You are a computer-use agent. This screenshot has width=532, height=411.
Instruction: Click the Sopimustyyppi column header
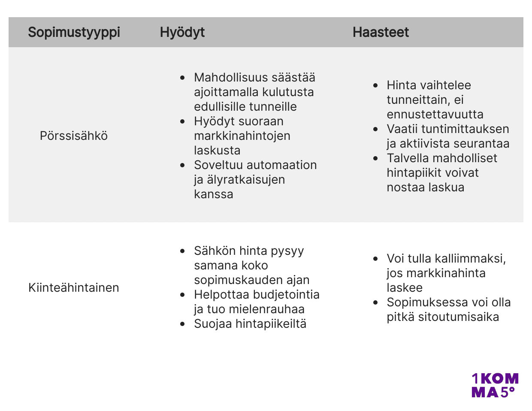coord(74,32)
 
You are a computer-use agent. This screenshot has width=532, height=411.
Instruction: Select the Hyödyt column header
coord(182,32)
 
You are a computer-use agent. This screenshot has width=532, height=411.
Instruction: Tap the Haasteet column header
coord(381,32)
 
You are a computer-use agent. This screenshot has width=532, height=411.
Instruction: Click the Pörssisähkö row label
coord(74,136)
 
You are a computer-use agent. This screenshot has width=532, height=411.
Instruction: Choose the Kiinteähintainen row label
coord(74,287)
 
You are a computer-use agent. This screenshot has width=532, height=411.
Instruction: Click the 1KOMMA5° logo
coord(495,385)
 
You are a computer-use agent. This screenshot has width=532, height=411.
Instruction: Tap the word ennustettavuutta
coord(435,115)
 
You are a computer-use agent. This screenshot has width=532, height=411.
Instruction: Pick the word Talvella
coord(408,158)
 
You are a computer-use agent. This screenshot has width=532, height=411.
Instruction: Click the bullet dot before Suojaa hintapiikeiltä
coord(183,324)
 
